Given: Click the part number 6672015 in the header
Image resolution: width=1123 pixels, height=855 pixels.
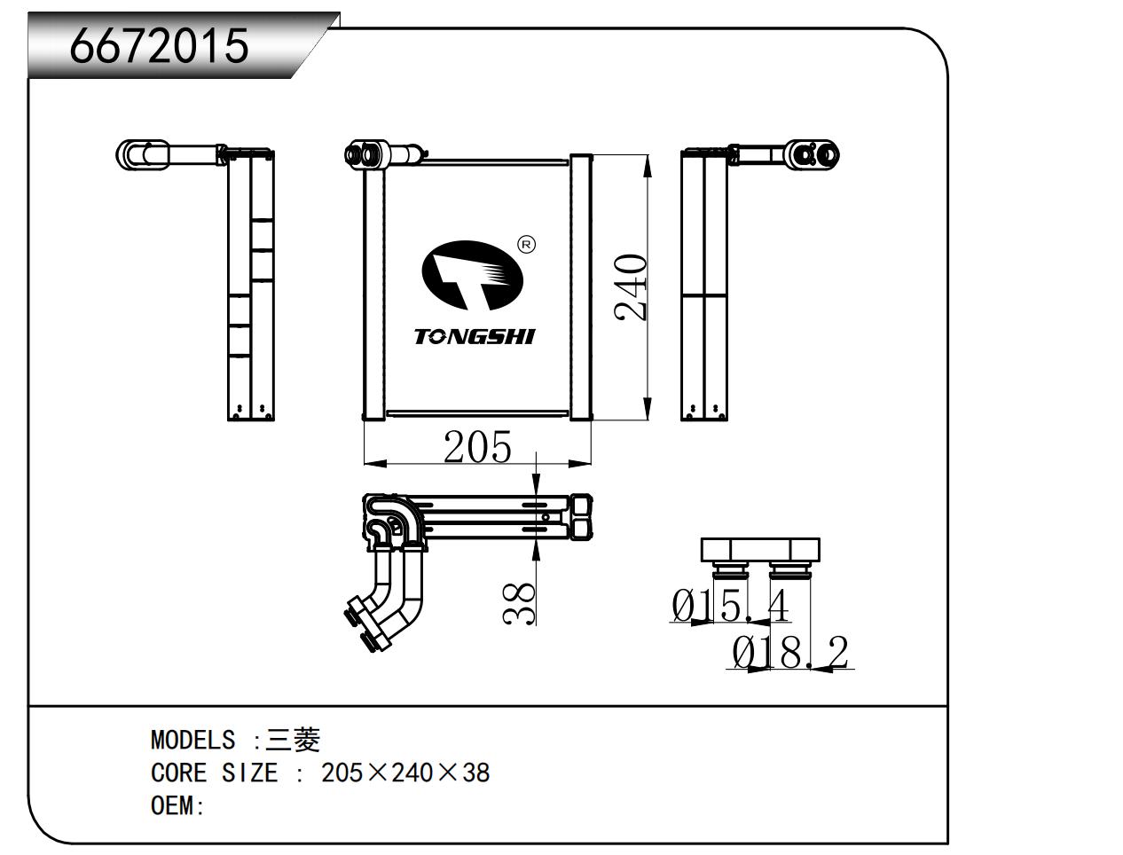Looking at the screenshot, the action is click(159, 46).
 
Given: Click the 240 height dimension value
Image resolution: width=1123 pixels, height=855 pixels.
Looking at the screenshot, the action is click(631, 286).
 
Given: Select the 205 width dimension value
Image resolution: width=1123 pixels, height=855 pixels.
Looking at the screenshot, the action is click(477, 447).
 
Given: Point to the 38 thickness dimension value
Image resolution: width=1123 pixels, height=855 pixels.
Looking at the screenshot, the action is click(519, 604).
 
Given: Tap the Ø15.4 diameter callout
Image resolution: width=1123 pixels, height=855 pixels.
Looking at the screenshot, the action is click(730, 606).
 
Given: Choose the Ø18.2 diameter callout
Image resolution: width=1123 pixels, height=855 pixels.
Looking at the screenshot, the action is click(790, 652).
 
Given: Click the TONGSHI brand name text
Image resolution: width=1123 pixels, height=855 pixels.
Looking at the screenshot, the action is click(475, 337).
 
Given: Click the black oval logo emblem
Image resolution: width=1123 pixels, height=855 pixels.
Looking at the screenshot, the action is click(472, 275).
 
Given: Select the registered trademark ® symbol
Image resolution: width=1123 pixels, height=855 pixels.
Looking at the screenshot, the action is click(526, 245).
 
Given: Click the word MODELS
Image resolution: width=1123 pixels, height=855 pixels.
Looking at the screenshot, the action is click(192, 740).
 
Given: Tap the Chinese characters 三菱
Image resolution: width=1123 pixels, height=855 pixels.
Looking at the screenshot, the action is click(292, 740).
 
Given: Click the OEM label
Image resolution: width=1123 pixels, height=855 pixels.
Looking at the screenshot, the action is click(177, 805).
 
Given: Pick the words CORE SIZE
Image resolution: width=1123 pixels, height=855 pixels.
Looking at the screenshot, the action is click(215, 773).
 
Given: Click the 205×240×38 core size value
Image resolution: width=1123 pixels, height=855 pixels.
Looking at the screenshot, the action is click(405, 773).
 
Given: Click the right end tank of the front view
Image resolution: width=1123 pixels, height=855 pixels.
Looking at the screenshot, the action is click(581, 287).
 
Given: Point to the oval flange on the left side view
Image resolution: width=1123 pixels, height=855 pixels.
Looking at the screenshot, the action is click(142, 154).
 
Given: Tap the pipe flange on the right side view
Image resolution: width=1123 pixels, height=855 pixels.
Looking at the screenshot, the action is click(812, 154).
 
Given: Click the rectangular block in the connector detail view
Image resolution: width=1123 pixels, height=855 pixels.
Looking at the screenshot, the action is click(760, 550).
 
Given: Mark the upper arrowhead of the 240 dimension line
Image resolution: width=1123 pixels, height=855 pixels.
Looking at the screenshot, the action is click(648, 166).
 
